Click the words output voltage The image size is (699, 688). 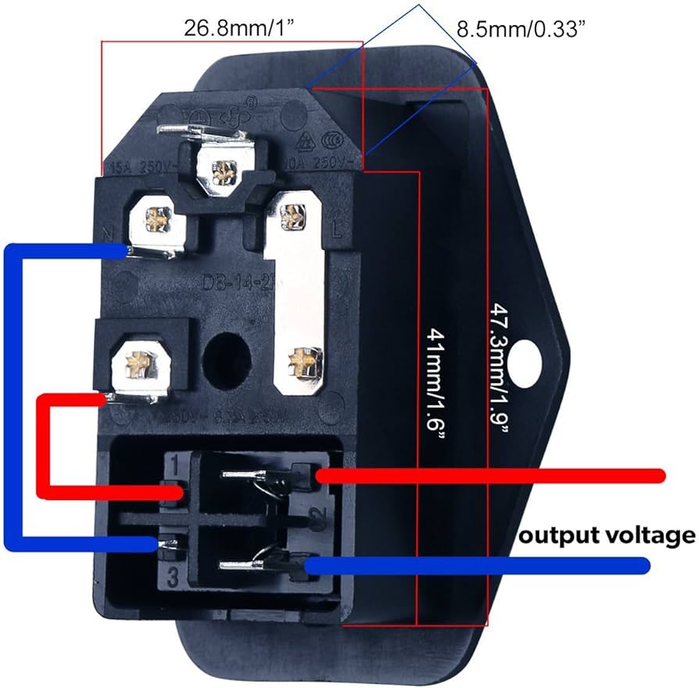pyautogui.click(x=608, y=536)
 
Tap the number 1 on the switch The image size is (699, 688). pyautogui.click(x=174, y=468)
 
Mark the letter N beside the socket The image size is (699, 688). pyautogui.click(x=109, y=232)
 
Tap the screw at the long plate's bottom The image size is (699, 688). pyautogui.click(x=301, y=360)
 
